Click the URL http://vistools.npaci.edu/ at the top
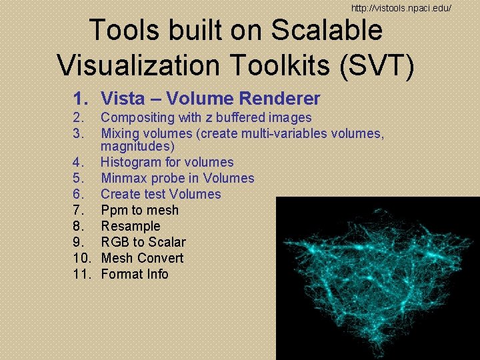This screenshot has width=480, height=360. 402,8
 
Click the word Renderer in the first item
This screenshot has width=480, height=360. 281,99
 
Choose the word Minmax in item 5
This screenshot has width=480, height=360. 123,178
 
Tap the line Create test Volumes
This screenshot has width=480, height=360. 160,194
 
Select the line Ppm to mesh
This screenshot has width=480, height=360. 139,210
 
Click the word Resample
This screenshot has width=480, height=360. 130,226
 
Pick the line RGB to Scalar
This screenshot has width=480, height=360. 143,242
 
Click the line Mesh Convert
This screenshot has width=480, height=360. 141,258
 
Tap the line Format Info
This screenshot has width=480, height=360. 134,274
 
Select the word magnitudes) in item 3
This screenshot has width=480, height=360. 137,146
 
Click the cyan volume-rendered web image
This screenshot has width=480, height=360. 377,277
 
